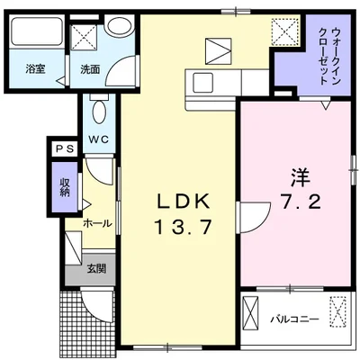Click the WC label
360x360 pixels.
[x=99, y=139]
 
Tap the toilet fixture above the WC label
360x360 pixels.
[x=100, y=113]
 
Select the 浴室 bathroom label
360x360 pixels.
[x=35, y=68]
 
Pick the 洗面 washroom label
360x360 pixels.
[x=90, y=68]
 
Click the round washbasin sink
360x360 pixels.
[x=116, y=25]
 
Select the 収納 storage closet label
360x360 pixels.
[x=65, y=186]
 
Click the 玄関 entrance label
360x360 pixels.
[x=96, y=267]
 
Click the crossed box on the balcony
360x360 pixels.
[x=337, y=312]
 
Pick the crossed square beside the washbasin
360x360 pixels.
[x=86, y=38]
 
